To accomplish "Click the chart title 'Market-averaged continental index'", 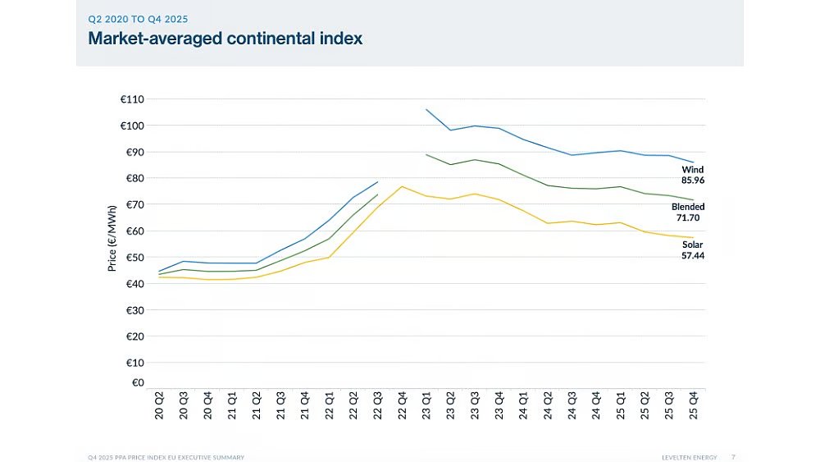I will click(225, 38).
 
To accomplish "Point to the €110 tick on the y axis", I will click(132, 99).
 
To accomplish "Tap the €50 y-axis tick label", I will click(132, 258).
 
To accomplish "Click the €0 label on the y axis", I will click(138, 382).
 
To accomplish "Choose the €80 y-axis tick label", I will click(132, 178).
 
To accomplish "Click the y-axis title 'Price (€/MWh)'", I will click(113, 237).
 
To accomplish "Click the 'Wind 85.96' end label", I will click(693, 175).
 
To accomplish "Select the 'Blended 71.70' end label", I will click(688, 213).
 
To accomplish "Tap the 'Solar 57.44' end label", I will click(693, 250).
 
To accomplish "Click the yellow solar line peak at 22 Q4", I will click(402, 186).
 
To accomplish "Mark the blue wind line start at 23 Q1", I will click(426, 109).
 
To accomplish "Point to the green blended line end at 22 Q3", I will click(377, 194).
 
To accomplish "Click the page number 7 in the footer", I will click(733, 456).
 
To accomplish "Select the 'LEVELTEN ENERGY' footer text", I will click(691, 456).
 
